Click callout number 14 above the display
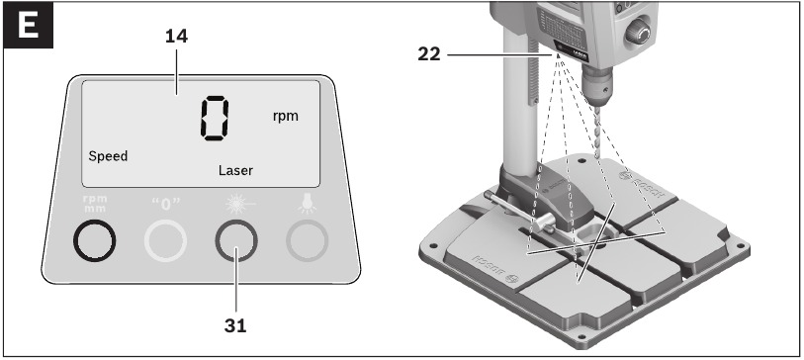tap(176, 37)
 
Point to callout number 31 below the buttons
tap(236, 323)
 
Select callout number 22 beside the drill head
tap(428, 54)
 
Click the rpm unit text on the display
tap(285, 116)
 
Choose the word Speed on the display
tap(108, 156)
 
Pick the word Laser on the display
tap(235, 170)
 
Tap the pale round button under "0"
tap(165, 240)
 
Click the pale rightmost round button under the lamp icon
tap(307, 240)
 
